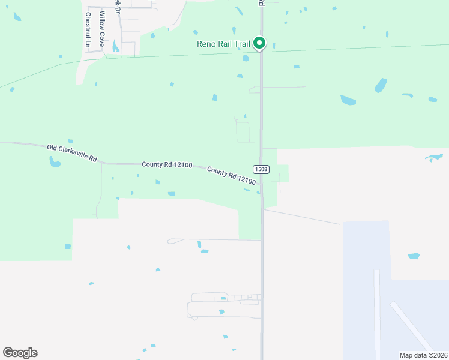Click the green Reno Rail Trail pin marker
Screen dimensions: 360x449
[259, 43]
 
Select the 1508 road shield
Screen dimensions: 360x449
[260, 169]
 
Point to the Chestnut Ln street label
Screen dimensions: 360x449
[88, 30]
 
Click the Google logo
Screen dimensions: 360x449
[20, 353]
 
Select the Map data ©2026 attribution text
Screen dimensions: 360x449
[423, 355]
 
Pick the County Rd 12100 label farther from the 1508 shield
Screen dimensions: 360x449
[167, 164]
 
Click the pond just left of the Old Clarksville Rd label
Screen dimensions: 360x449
[55, 161]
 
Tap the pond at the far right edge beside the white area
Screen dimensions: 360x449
[433, 158]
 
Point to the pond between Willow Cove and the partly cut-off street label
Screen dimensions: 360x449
[115, 45]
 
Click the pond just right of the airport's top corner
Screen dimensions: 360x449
[413, 256]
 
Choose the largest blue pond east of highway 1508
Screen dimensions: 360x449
[348, 100]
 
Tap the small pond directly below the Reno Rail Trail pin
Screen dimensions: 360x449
[246, 58]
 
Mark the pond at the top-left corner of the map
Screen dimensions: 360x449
[16, 17]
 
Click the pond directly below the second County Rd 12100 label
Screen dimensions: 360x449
[246, 190]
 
